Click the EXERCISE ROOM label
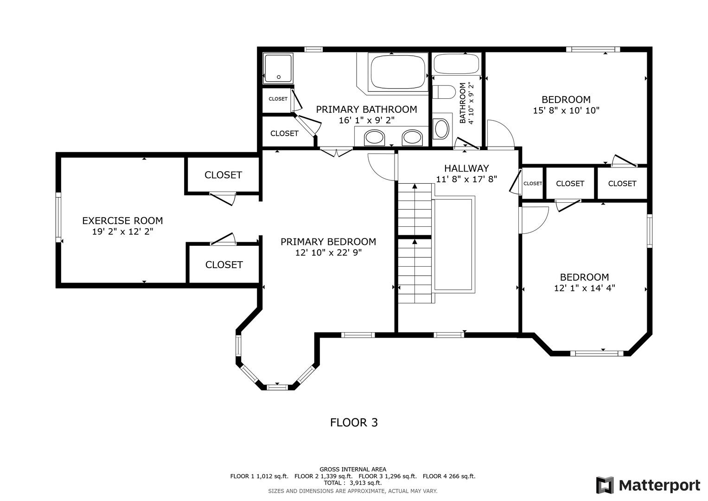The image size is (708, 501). click(122, 220)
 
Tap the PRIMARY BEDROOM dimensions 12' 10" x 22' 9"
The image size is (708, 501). click(328, 253)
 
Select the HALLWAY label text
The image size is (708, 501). click(466, 168)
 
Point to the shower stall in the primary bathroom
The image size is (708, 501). click(278, 68)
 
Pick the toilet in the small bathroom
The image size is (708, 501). click(444, 92)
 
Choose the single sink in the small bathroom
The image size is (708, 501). click(441, 129)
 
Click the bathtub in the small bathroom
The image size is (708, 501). click(456, 64)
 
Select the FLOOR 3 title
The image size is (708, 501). click(354, 423)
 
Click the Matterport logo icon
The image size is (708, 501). click(605, 485)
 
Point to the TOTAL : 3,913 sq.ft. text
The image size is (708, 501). click(353, 482)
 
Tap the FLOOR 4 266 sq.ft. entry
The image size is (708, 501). click(449, 476)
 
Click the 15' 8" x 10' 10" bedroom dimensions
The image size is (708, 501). click(566, 110)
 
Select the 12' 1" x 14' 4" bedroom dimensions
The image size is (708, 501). click(584, 288)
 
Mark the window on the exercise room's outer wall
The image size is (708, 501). click(58, 217)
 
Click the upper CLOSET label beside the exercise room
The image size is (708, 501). click(223, 175)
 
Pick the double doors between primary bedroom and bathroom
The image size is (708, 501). click(337, 152)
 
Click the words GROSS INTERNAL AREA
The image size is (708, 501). click(353, 469)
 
